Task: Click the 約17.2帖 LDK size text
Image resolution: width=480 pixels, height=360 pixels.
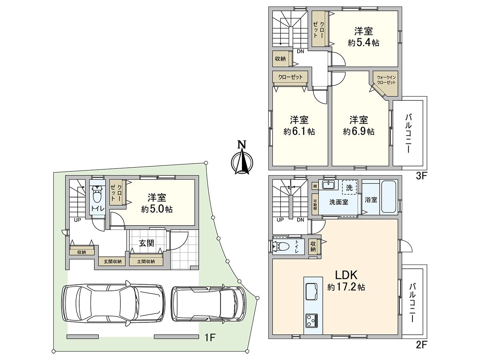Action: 346,287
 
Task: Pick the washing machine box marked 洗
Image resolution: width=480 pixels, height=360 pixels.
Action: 349,187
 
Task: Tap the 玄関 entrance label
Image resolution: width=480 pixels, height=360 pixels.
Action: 146,243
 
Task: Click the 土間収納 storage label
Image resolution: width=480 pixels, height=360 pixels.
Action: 146,262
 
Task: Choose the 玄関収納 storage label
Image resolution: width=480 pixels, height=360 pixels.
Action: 113,262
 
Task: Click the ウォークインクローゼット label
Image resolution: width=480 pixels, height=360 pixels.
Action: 386,80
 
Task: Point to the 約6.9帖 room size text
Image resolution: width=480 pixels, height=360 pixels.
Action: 358,132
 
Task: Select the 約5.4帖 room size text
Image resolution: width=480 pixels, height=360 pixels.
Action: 364,43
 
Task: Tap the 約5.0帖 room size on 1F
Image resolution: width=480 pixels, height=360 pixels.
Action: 157,209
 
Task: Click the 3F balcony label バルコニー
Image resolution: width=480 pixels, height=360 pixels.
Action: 408,134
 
